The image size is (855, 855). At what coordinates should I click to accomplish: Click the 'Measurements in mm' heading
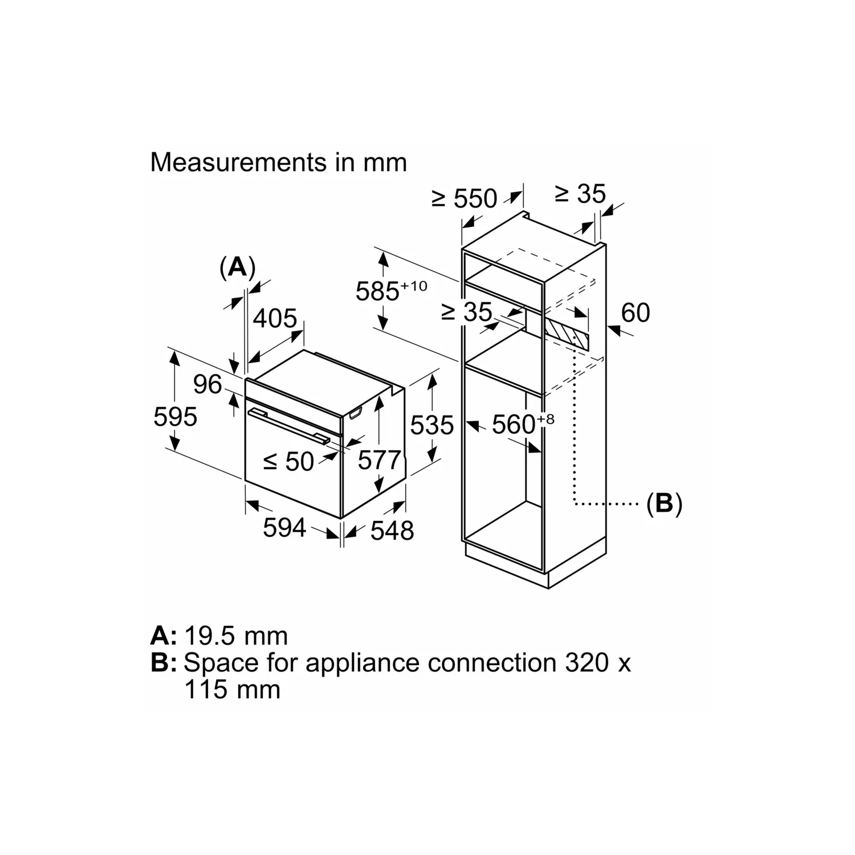278,162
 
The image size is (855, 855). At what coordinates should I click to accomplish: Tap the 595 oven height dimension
175,417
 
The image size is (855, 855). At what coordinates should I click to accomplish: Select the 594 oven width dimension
284,528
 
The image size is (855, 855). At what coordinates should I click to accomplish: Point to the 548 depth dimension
392,531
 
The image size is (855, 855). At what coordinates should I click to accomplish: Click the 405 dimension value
275,318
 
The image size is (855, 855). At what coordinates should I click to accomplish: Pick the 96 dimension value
207,384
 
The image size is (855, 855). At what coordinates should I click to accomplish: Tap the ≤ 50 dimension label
288,461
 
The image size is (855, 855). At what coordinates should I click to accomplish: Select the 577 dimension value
379,459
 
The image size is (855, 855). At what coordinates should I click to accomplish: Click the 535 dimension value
431,425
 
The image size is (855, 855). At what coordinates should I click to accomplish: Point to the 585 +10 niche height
390,291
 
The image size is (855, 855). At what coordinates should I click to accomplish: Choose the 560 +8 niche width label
522,424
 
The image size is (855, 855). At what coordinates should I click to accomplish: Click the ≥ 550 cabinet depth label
464,198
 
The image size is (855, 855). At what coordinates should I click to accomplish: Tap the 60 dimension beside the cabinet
635,313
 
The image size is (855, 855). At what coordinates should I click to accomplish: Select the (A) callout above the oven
237,267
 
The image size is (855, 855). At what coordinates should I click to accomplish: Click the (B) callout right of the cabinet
664,504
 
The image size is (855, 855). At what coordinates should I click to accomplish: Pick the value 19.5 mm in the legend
236,636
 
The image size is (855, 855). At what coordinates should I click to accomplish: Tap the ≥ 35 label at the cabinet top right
580,194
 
